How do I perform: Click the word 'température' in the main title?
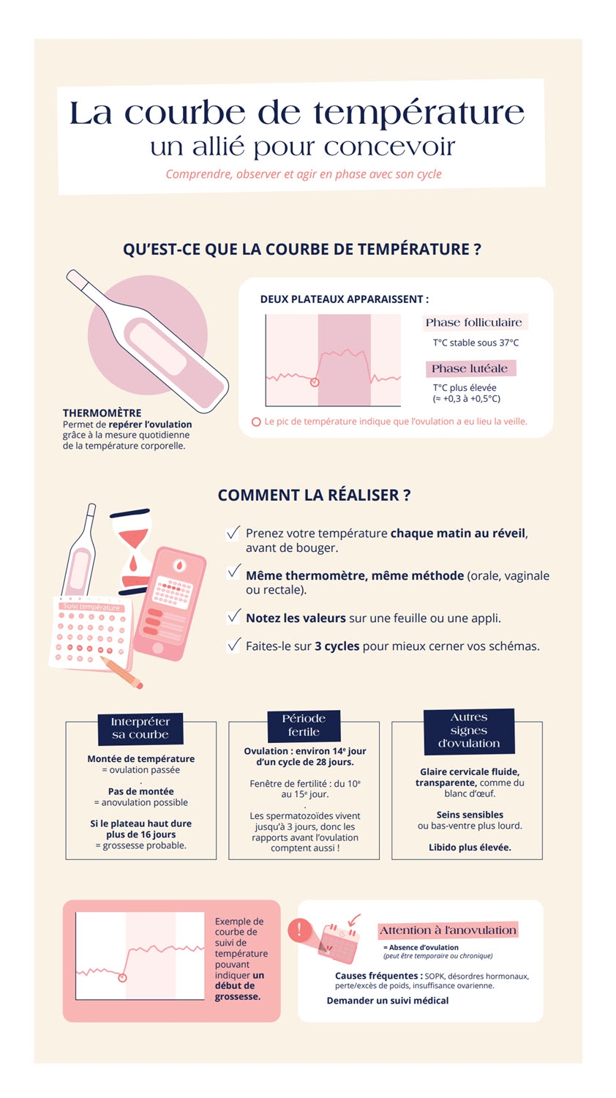pos(418,114)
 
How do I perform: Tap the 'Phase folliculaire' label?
pos(474,323)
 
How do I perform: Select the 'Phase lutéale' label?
pos(470,368)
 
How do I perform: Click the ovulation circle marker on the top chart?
pos(315,382)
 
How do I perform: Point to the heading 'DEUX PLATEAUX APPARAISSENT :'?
pos(344,299)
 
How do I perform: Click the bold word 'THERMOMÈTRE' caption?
pos(102,413)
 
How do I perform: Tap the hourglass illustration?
pos(132,550)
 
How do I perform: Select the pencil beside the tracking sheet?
pos(122,672)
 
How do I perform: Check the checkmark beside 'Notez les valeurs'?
pos(233,616)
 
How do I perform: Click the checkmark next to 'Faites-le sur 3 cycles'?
pos(233,644)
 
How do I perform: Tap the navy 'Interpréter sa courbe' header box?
pos(140,728)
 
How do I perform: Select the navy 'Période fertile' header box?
pos(304,725)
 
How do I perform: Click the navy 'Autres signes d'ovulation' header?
pos(469,731)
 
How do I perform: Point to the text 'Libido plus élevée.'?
pos(470,847)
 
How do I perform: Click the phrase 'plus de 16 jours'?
pos(140,834)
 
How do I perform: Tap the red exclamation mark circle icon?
pos(299,930)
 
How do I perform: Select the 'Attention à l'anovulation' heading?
pos(448,930)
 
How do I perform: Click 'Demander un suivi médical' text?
pos(388,1001)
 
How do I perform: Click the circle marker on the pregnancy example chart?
pos(122,978)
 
